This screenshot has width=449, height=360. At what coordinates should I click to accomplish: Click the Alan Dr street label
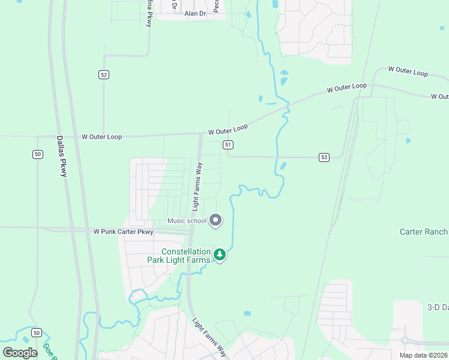195,13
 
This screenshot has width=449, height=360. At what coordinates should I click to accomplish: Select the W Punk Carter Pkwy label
123,232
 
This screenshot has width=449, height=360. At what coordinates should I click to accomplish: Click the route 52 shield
104,74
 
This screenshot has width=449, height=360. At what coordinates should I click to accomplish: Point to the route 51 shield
228,145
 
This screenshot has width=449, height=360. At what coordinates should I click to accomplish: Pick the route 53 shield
324,157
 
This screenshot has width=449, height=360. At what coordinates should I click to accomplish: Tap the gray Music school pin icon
216,220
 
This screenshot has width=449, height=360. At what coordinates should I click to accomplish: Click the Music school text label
187,221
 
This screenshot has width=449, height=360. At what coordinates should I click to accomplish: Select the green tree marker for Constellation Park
220,256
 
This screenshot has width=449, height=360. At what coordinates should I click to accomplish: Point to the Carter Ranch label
424,232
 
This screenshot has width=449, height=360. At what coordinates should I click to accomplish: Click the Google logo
20,353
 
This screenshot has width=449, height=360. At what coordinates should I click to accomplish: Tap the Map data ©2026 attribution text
423,355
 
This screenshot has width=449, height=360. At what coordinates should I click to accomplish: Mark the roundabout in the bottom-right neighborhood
405,340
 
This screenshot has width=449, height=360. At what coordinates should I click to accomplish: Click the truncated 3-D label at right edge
438,307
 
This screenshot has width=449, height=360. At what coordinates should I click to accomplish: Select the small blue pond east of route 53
408,141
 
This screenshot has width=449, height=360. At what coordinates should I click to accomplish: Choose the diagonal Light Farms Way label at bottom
209,338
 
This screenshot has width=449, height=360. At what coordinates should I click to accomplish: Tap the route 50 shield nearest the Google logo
37,333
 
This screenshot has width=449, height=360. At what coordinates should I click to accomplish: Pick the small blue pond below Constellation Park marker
247,313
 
